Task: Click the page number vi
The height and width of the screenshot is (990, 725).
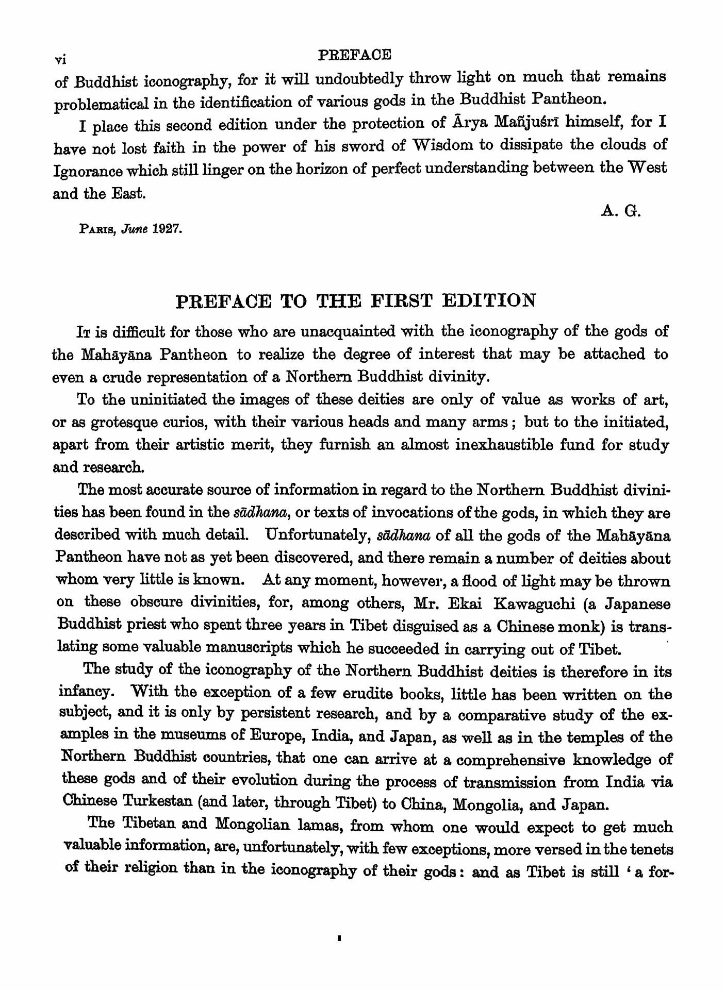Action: (60, 59)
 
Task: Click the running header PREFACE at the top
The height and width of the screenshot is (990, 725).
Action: (355, 54)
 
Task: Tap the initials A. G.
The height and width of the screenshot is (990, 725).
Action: (621, 211)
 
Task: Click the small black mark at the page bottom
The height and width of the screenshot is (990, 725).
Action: (339, 938)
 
